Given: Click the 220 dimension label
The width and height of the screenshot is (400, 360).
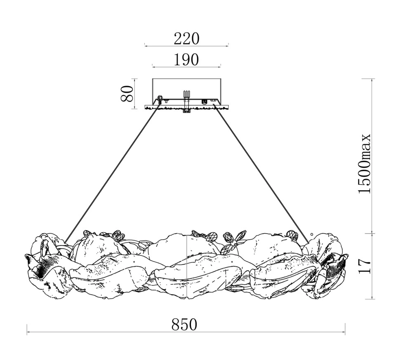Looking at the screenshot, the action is point(186,39).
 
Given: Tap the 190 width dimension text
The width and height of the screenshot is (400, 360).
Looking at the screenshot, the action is point(186,60).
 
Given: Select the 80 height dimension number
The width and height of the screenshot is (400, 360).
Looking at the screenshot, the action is point(127,94).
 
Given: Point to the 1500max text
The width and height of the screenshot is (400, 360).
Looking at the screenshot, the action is point(364,164).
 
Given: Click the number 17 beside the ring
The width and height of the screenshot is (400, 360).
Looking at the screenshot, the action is point(364,266).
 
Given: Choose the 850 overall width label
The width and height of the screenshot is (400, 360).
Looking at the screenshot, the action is point(184,325).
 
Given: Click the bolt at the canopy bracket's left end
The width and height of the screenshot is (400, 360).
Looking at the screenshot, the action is point(160,99).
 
